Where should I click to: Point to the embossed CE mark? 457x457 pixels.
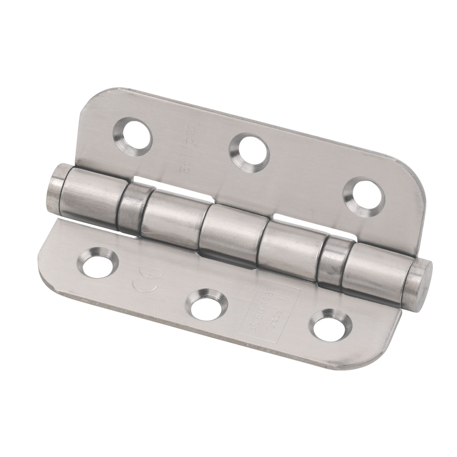click(145, 278)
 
